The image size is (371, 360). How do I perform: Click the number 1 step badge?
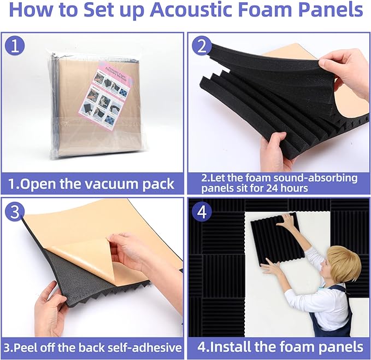tap(17, 47)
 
